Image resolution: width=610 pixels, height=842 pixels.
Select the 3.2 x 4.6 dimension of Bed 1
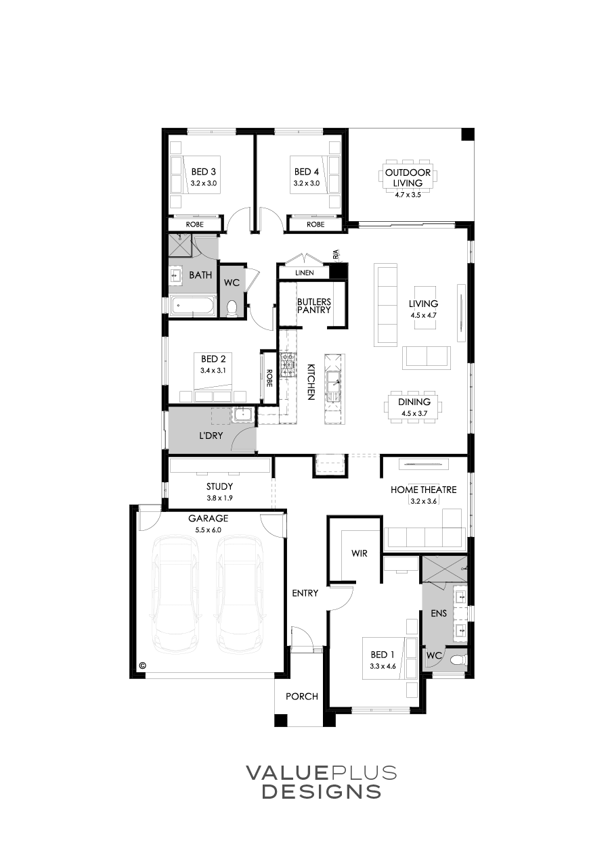(383, 665)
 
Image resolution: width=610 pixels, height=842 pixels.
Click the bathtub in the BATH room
(192, 306)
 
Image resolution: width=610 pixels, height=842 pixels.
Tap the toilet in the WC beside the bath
(232, 308)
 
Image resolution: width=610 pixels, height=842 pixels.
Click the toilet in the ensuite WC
(457, 657)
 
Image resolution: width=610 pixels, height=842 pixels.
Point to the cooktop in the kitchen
(288, 365)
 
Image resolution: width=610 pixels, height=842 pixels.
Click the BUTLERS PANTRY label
(313, 305)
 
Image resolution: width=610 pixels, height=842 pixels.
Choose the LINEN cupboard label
(304, 273)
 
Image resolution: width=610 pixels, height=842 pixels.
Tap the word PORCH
(301, 697)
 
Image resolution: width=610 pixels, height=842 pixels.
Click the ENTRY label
(305, 593)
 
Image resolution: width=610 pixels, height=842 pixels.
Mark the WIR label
(359, 553)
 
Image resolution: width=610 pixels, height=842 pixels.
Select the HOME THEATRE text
(423, 490)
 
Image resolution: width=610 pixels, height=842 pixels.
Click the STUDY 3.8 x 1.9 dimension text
(219, 497)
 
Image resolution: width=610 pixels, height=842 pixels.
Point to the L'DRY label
(211, 436)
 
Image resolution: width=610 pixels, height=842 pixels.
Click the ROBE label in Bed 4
(315, 225)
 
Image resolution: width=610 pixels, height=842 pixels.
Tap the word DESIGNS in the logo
(321, 791)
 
